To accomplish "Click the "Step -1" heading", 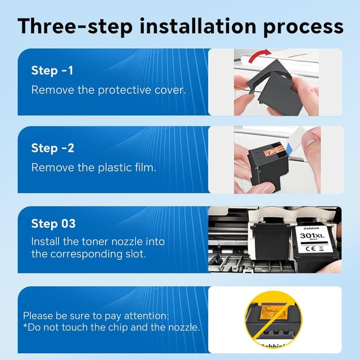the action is click(x=52, y=70).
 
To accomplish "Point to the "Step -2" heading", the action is click(x=52, y=148).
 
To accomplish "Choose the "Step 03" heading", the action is click(x=53, y=224).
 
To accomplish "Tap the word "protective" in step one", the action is click(x=124, y=90).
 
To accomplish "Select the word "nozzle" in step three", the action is click(x=127, y=242).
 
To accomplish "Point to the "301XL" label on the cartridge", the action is click(x=312, y=235).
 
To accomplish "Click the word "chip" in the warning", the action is click(x=118, y=327).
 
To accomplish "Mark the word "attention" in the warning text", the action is click(x=146, y=316).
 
